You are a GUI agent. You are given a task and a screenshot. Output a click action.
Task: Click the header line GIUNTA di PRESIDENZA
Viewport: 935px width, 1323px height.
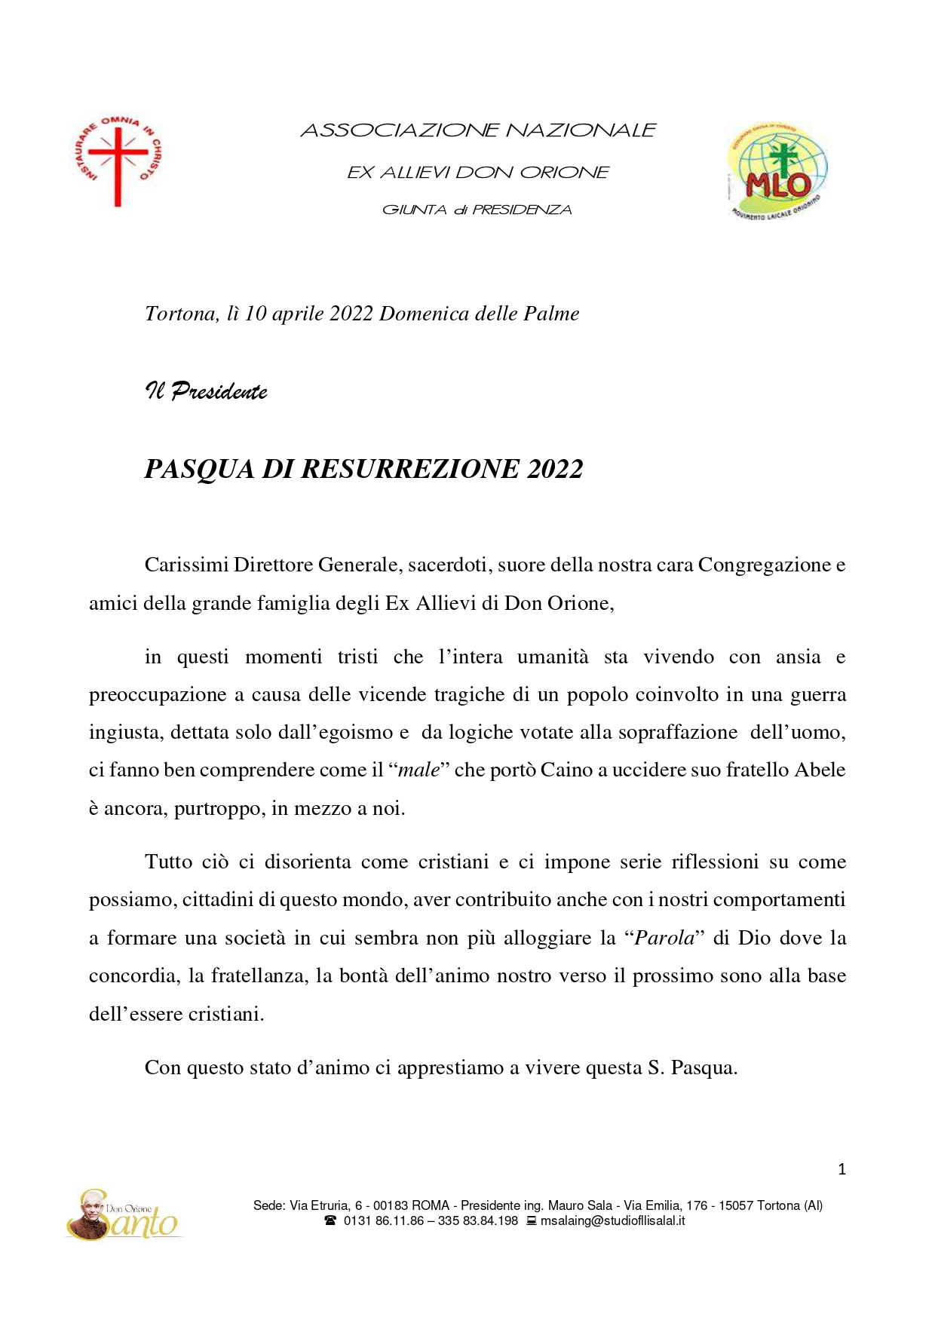tap(477, 210)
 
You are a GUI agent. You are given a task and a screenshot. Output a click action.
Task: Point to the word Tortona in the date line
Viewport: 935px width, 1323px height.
tap(180, 314)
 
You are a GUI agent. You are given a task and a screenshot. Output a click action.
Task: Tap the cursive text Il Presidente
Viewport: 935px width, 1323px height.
tap(206, 391)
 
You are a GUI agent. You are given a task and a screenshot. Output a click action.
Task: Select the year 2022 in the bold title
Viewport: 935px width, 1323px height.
tap(555, 469)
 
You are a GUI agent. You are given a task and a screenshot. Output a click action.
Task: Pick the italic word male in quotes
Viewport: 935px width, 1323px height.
tap(418, 770)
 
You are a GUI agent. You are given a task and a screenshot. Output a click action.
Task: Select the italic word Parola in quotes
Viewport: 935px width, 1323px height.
tap(664, 938)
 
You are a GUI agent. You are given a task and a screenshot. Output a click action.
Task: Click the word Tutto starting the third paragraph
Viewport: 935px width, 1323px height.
tap(169, 862)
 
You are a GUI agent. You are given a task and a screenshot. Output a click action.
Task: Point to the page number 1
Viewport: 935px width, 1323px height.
tap(842, 1169)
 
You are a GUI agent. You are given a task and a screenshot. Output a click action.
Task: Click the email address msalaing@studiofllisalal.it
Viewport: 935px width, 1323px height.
tap(612, 1220)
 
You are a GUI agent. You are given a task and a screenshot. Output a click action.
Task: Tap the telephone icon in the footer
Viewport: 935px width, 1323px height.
tap(330, 1220)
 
